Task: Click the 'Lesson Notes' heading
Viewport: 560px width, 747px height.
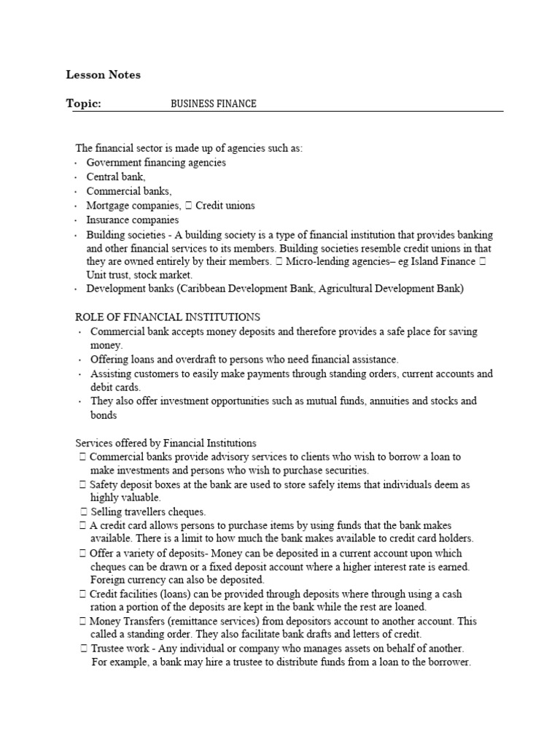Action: [x=103, y=74]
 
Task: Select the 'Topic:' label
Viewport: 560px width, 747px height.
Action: [x=83, y=104]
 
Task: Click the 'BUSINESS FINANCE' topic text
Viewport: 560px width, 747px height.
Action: [x=213, y=104]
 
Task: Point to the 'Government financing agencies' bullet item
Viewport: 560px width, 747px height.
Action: [x=156, y=163]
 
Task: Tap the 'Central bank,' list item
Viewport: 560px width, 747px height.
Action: [x=116, y=177]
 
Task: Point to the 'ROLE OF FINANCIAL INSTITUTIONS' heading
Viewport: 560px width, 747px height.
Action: [x=168, y=317]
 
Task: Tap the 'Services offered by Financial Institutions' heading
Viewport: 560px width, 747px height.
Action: [x=166, y=443]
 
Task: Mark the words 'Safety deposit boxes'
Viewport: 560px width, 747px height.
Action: [x=139, y=484]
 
